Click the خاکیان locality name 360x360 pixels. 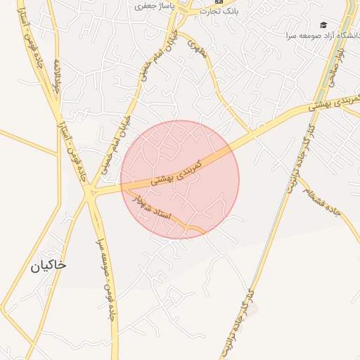(x=49, y=265)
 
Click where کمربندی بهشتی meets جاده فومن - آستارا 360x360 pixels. (x=89, y=191)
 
